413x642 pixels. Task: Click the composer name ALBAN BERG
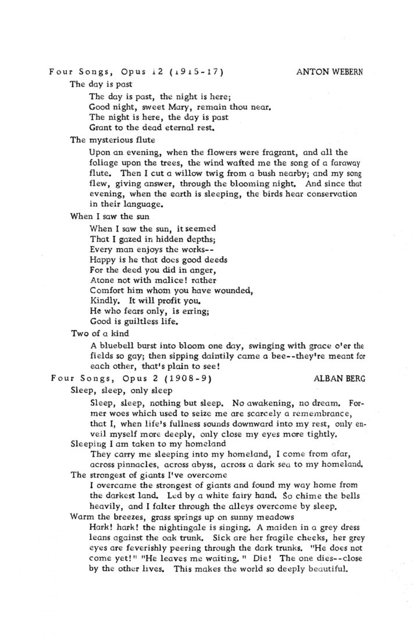coord(340,378)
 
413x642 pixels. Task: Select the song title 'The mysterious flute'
coord(108,139)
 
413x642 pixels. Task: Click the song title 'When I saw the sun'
coord(105,216)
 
